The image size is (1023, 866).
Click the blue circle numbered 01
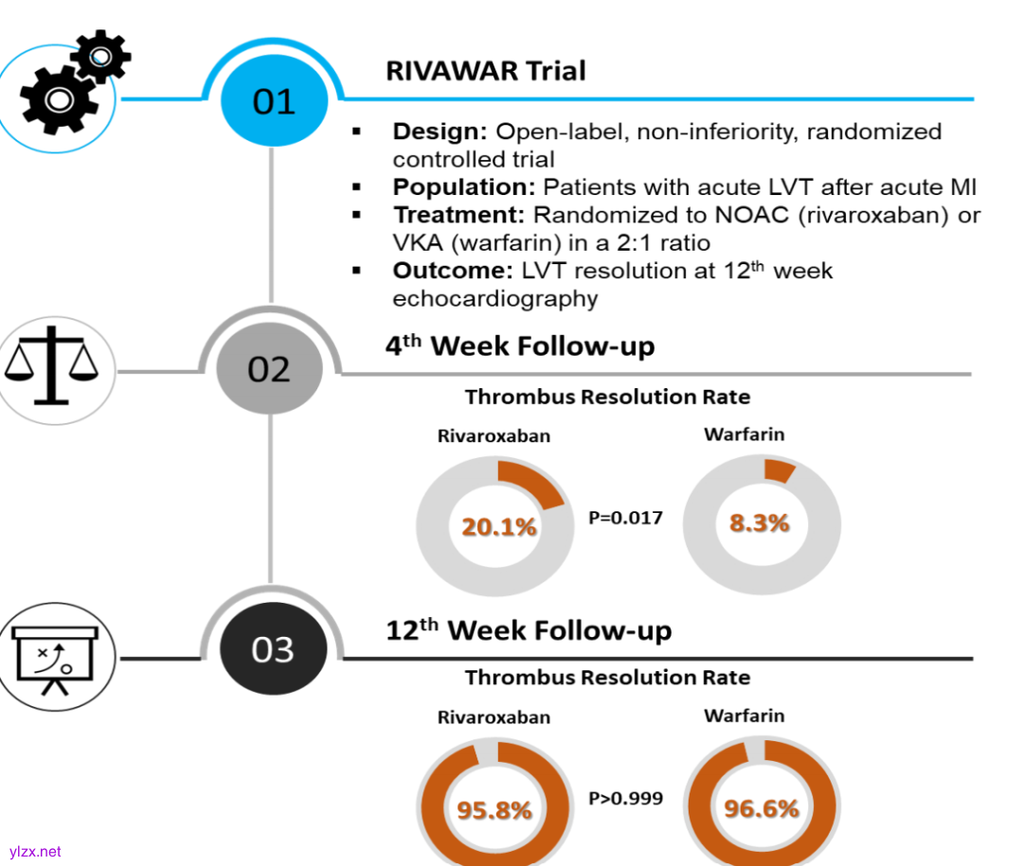coord(273,101)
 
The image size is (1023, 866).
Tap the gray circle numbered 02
coord(269,369)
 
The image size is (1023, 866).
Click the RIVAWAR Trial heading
coord(486,71)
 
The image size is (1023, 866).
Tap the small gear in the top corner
coord(101,56)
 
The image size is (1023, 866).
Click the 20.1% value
coord(499,527)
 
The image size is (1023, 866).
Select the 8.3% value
coord(759,522)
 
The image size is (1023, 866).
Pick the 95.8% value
coord(494,810)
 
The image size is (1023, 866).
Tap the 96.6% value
coord(762,809)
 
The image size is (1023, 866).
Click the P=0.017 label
coord(625,518)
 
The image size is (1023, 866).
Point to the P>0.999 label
coord(625,798)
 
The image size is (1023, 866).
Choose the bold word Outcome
coord(453,271)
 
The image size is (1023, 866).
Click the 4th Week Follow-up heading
coord(520,346)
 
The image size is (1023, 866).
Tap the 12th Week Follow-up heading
coord(529,629)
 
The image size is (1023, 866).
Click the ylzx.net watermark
coord(34,852)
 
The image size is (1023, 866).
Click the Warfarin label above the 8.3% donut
coord(745,435)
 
